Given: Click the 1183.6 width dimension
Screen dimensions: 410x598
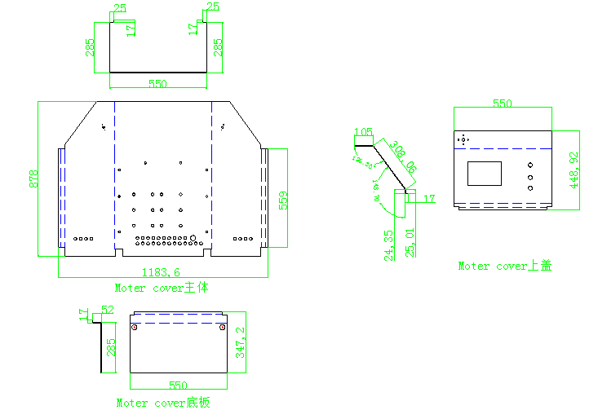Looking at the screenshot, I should [x=161, y=272].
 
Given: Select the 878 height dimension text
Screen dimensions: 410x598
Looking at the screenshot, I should [x=33, y=179].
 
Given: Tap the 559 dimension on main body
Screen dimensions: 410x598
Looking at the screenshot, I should [x=283, y=199].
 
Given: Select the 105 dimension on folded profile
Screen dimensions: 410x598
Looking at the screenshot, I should [x=363, y=132].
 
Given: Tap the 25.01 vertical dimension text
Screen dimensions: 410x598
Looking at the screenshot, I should [x=411, y=242].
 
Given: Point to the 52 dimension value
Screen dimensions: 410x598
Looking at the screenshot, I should [x=107, y=311].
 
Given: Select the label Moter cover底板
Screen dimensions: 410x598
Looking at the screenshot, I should [x=162, y=403].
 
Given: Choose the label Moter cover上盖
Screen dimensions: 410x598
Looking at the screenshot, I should [x=504, y=266].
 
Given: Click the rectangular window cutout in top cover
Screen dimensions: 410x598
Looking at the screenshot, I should [x=485, y=174].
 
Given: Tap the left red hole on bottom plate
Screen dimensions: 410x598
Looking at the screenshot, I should [x=135, y=328].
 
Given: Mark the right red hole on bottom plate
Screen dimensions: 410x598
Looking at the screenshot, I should [x=224, y=328].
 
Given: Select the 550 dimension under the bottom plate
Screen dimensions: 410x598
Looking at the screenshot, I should [x=178, y=384].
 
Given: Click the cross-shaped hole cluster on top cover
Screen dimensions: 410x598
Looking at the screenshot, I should [x=463, y=140].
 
